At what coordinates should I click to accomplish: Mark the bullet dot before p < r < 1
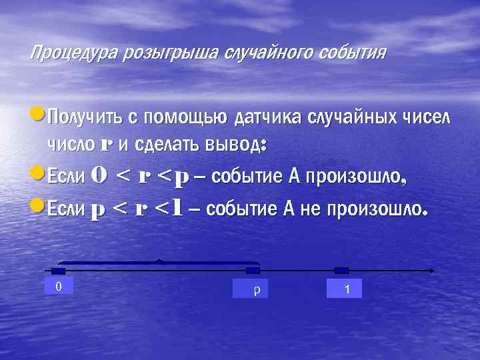[x=37, y=207]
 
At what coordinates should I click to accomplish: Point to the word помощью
[x=185, y=118]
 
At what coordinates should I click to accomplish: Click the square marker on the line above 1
[x=341, y=271]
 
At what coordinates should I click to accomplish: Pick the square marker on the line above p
[x=253, y=271]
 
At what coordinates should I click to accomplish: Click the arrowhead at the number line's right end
[x=432, y=271]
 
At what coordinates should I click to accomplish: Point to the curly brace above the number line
[x=159, y=262]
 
